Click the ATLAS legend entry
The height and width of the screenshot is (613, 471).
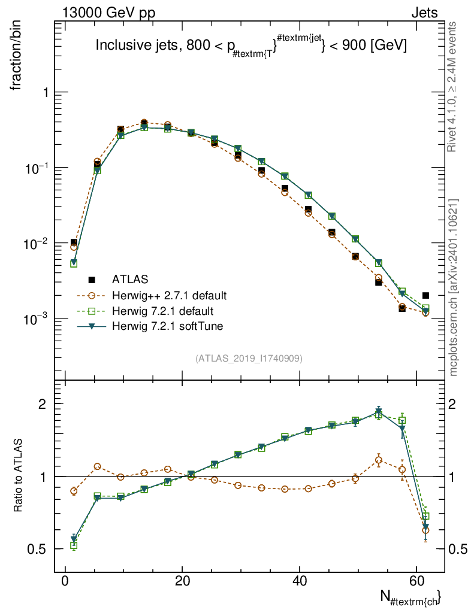tap(129, 279)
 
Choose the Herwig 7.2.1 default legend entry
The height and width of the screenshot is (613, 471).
tap(162, 311)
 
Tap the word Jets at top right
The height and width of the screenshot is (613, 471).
tap(424, 13)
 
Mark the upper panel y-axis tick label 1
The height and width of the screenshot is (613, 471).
tap(44, 93)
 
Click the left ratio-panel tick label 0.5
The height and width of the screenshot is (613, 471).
tap(38, 549)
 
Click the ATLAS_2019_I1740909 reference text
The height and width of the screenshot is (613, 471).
tap(249, 359)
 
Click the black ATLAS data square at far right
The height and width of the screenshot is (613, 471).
tap(425, 295)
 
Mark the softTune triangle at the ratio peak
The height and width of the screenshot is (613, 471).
tap(379, 411)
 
